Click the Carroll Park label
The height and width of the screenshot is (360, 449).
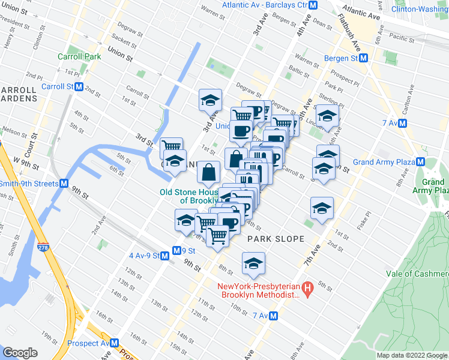(79, 56)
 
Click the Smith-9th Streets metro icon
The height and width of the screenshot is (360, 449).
(63, 184)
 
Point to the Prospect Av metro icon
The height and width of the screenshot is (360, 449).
(114, 344)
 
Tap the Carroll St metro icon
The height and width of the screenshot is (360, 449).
(79, 86)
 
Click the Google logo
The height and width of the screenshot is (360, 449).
(20, 353)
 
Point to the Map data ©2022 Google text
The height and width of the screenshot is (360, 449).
(411, 355)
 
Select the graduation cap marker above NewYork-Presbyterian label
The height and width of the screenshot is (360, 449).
(253, 263)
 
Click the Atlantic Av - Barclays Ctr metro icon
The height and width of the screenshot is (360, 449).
(322, 5)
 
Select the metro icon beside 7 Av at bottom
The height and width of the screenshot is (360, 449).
(273, 316)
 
